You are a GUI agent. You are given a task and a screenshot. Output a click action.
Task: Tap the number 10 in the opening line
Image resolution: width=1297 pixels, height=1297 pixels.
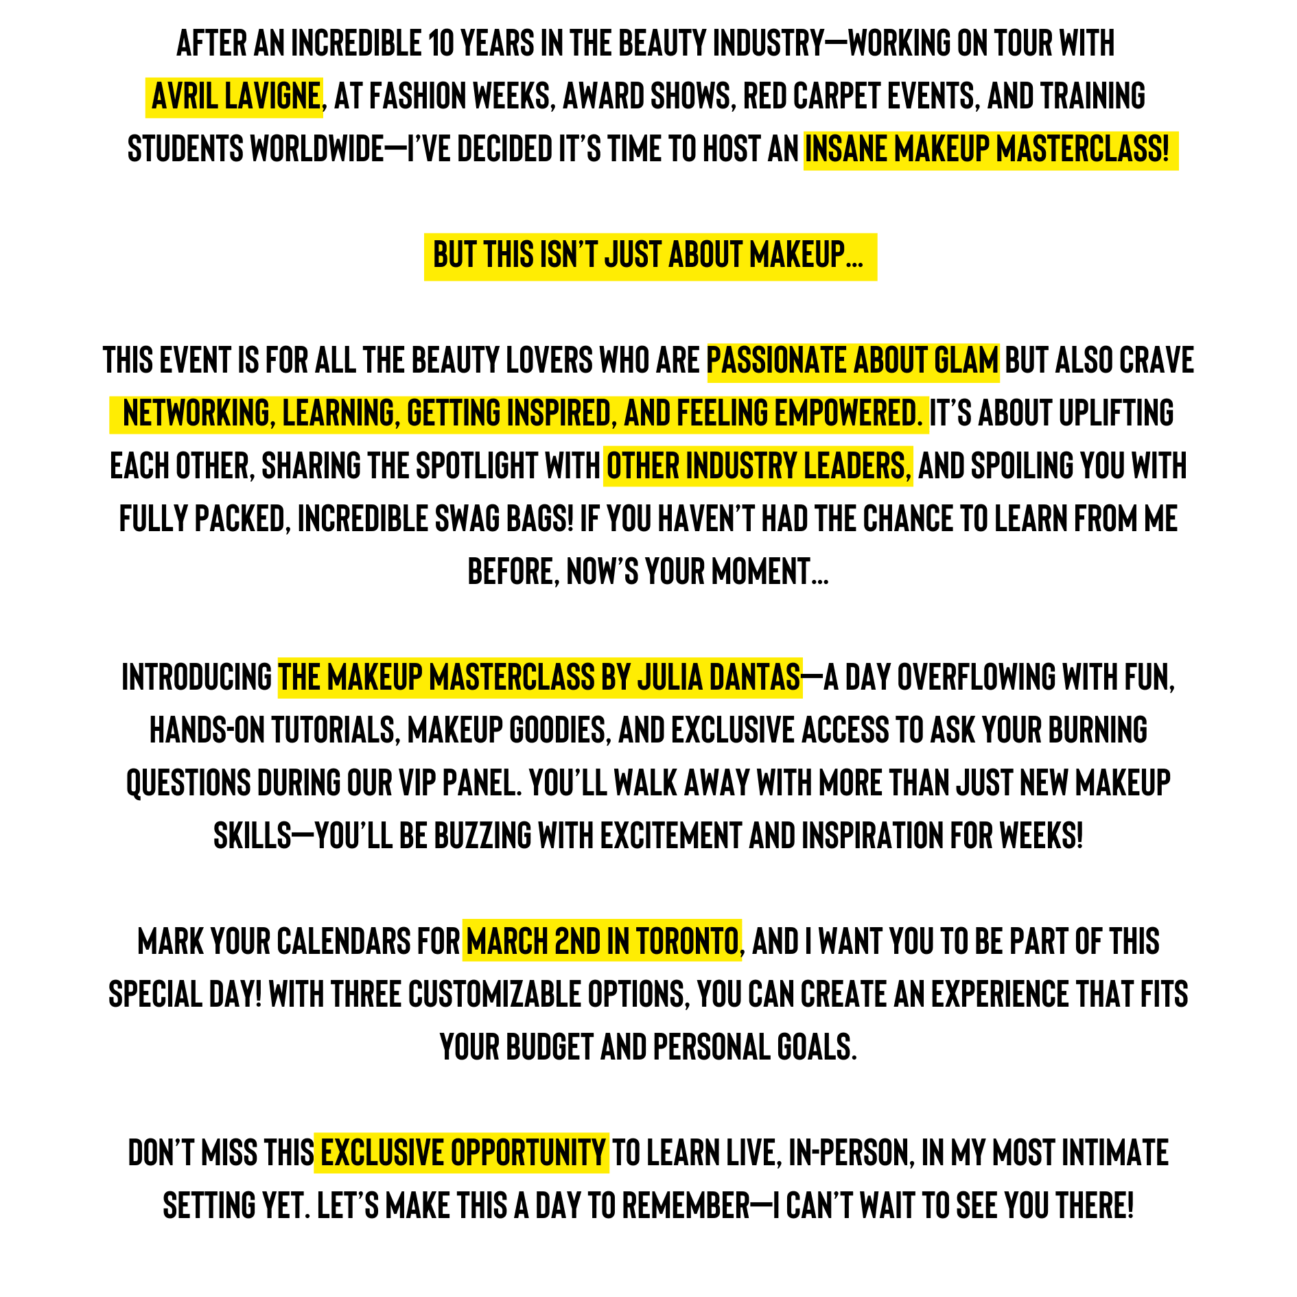[441, 43]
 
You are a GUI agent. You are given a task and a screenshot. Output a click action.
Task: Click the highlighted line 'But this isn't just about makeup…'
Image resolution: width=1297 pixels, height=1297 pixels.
[648, 255]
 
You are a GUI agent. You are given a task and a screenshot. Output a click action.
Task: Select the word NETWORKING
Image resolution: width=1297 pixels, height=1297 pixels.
[199, 414]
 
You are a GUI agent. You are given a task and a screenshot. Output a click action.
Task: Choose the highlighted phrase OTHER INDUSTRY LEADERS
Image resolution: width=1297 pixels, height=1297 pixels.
[758, 467]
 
